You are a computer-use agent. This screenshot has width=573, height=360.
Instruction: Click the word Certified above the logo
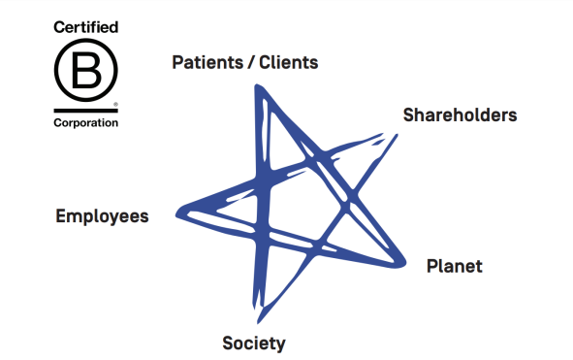pyautogui.click(x=85, y=29)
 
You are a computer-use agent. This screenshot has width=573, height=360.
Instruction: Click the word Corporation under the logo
pyautogui.click(x=85, y=123)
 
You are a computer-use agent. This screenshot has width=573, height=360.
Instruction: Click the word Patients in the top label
pyautogui.click(x=207, y=63)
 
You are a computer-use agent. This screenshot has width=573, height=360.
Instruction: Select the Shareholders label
pyautogui.click(x=460, y=115)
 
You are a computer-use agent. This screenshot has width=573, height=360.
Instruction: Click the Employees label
pyautogui.click(x=102, y=215)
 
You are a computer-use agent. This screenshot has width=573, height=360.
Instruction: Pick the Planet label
pyautogui.click(x=454, y=266)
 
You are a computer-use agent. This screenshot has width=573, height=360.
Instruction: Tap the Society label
pyautogui.click(x=254, y=343)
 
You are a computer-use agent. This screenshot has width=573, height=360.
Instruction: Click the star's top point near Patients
pyautogui.click(x=257, y=88)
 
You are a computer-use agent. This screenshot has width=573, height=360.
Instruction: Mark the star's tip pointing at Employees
pyautogui.click(x=177, y=210)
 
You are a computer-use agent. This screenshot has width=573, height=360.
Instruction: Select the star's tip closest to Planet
pyautogui.click(x=401, y=262)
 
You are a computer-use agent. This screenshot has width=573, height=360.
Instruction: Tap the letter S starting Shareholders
pyautogui.click(x=408, y=115)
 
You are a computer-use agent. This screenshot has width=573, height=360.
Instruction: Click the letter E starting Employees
pyautogui.click(x=61, y=215)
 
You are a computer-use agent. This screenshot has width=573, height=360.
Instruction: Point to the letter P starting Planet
pyautogui.click(x=432, y=266)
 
